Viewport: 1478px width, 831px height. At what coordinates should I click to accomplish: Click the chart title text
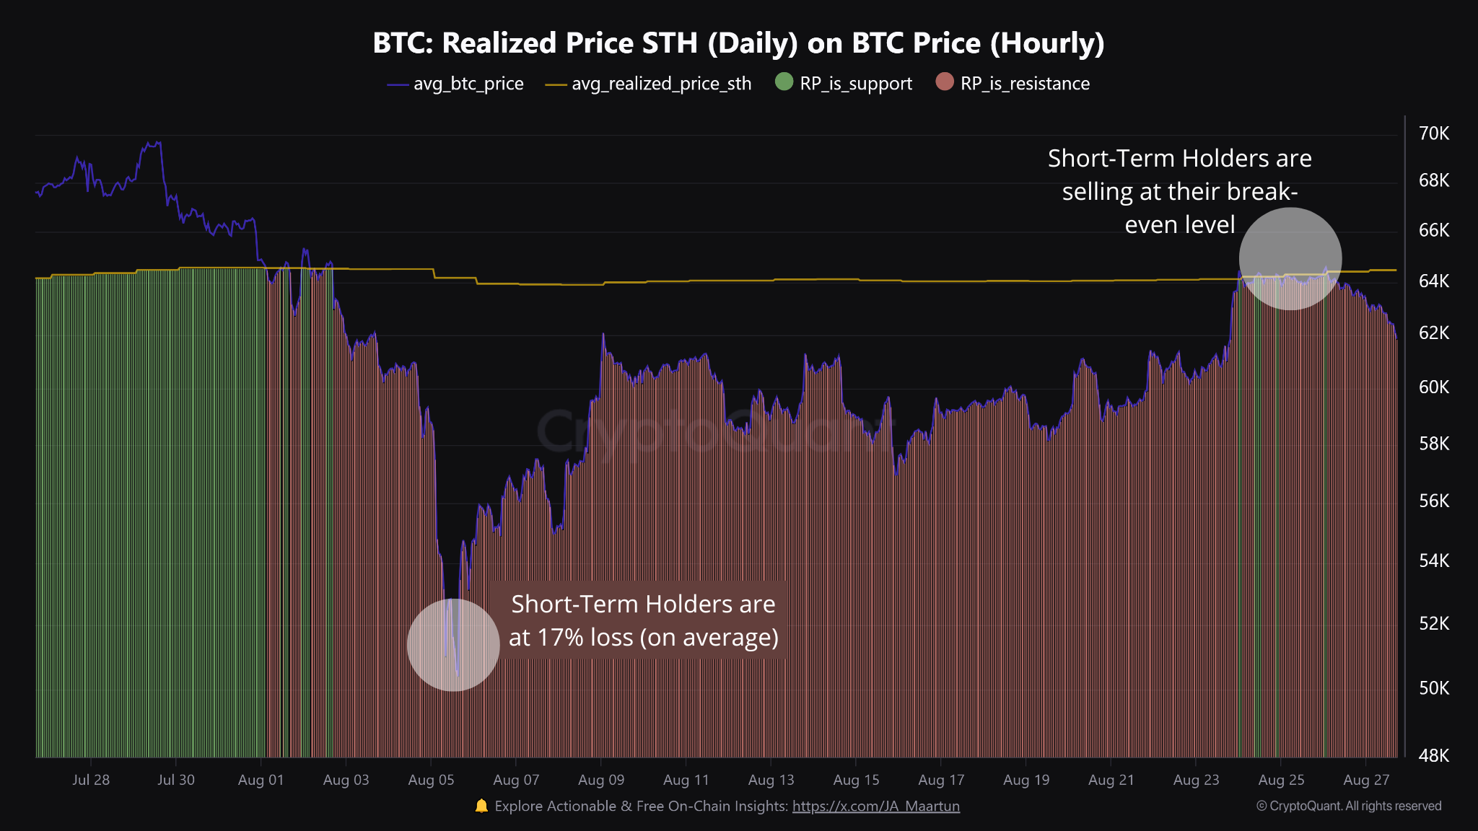(x=738, y=43)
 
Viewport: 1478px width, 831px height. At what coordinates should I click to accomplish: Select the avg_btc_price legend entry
(x=456, y=84)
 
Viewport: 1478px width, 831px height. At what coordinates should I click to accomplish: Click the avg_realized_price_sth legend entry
(x=649, y=84)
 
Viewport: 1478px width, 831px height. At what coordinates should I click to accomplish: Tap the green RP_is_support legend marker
(x=784, y=82)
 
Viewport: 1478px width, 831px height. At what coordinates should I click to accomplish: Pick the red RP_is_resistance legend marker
(x=944, y=82)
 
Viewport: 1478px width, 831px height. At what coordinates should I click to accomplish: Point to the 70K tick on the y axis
(x=1433, y=133)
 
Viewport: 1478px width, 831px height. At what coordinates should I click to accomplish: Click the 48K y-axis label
(x=1433, y=755)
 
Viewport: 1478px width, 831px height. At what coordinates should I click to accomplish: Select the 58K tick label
(x=1433, y=444)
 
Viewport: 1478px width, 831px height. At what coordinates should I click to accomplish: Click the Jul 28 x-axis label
(x=91, y=780)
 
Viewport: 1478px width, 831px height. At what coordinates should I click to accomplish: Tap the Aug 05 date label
(x=431, y=780)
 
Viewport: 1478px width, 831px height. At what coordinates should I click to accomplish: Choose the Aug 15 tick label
(x=856, y=780)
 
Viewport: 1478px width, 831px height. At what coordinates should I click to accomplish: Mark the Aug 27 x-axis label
(x=1365, y=780)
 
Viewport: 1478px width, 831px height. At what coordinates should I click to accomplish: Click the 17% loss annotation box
(x=642, y=620)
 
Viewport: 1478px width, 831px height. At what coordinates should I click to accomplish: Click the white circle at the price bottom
(x=453, y=645)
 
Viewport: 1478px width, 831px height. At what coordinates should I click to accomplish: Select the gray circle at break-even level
(x=1290, y=258)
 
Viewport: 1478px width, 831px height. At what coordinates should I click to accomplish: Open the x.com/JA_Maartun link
(x=875, y=806)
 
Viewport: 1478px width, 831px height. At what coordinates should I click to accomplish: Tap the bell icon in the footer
(x=481, y=806)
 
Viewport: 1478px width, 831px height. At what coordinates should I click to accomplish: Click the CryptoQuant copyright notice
(x=1348, y=806)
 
